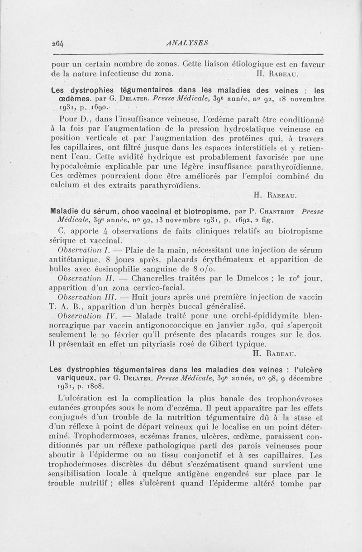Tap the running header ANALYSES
[187, 43]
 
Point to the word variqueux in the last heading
[69, 378]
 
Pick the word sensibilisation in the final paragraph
[80, 475]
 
